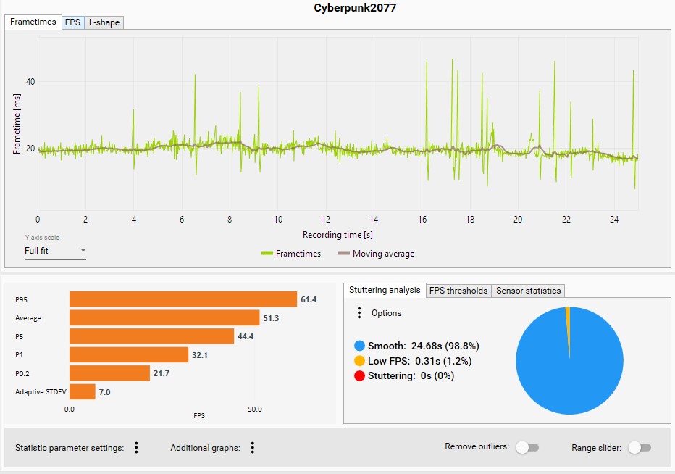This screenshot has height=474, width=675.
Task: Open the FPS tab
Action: coord(72,22)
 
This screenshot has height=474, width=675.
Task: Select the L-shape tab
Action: coord(104,22)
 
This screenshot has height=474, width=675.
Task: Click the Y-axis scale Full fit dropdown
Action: coord(55,251)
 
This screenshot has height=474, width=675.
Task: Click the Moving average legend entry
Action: coord(376,254)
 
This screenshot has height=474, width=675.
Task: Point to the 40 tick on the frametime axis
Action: coord(30,82)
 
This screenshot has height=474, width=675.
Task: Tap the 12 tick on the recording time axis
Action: coord(326,219)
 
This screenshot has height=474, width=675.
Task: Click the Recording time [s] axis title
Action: coord(337,235)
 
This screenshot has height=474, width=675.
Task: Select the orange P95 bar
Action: coord(183,299)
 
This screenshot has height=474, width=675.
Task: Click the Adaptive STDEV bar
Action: coord(82,391)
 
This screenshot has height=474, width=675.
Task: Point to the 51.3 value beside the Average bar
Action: coord(272,318)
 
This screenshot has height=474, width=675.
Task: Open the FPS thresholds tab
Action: coord(458,291)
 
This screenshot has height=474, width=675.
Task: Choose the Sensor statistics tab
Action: coord(528,291)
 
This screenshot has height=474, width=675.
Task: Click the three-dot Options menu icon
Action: coord(359,313)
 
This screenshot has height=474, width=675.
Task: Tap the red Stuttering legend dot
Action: coord(359,375)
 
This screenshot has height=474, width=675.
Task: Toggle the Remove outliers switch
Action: coord(527,448)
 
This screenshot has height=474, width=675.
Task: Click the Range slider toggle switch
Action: coord(640,448)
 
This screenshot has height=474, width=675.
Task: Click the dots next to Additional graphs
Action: coord(253,448)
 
